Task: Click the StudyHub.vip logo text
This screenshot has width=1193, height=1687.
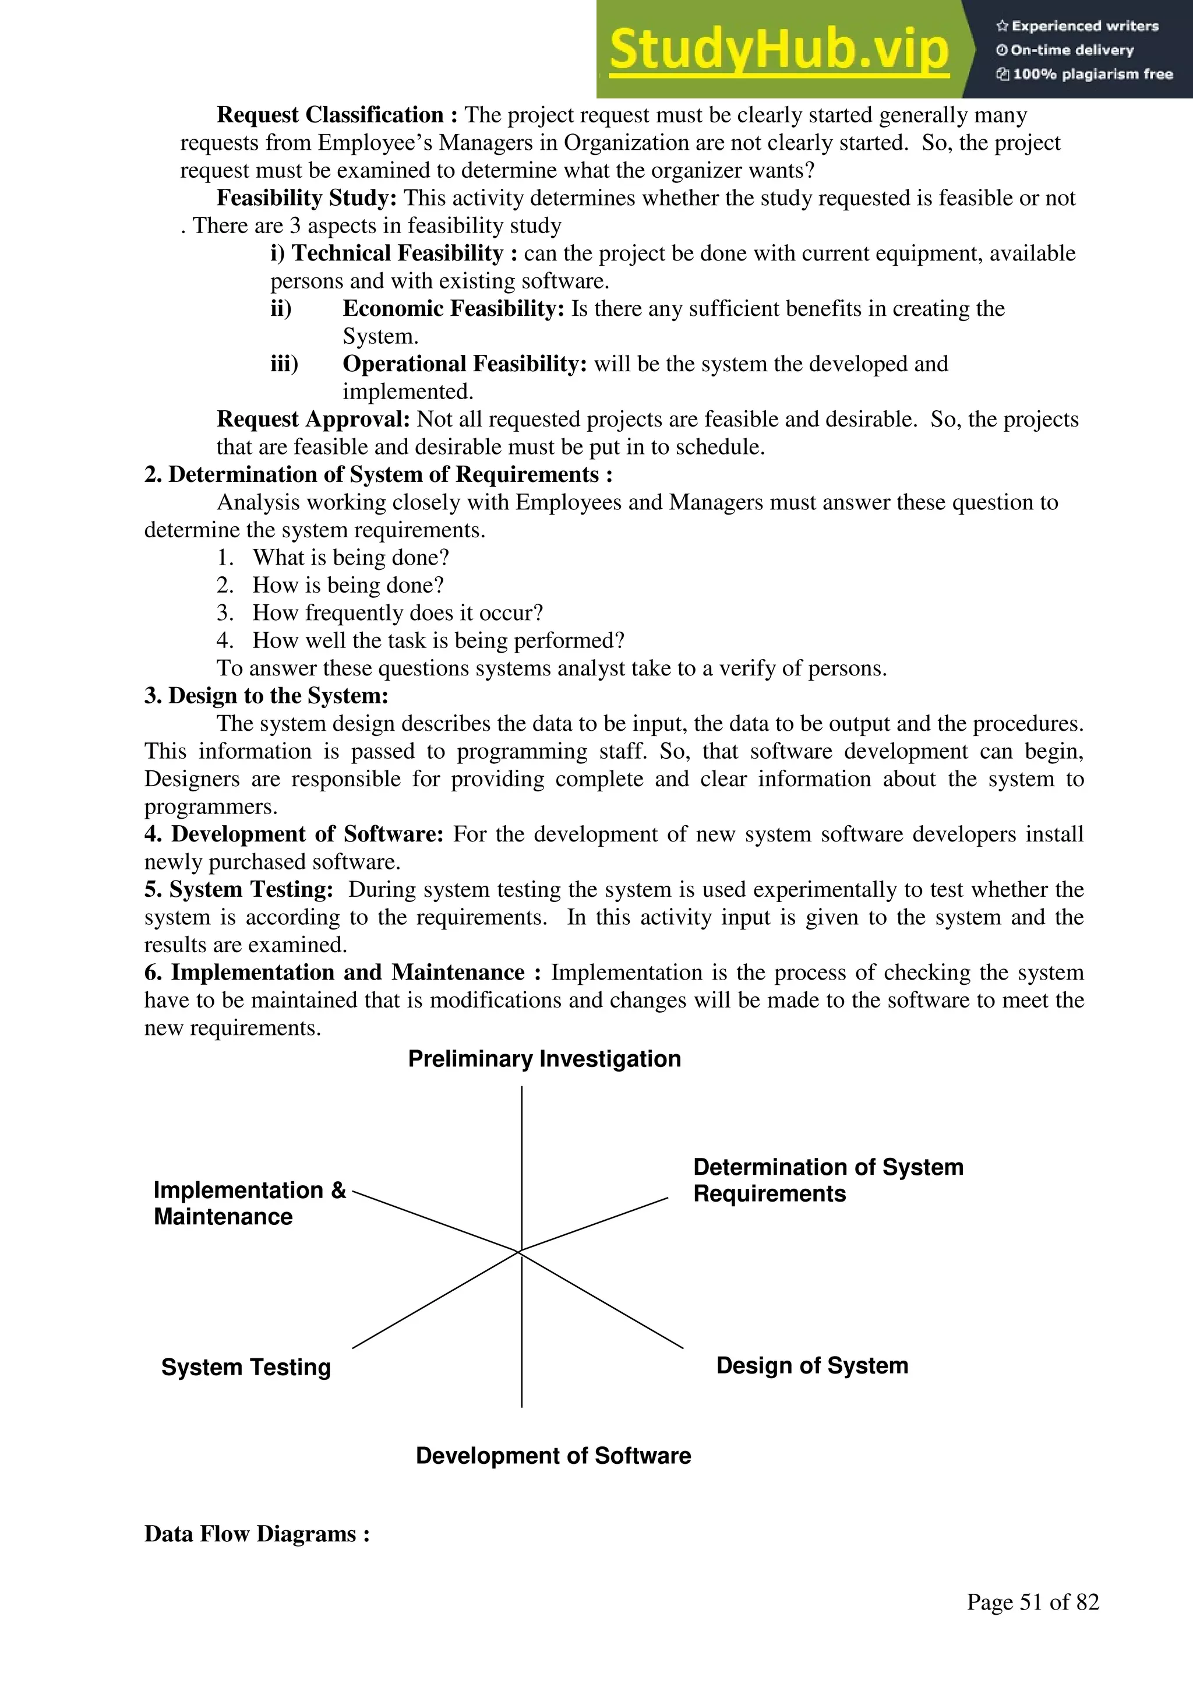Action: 779,50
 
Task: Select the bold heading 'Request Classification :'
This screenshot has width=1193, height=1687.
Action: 337,115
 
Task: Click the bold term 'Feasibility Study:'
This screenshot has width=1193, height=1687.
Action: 306,198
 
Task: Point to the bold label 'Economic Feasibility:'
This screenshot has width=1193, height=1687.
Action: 453,309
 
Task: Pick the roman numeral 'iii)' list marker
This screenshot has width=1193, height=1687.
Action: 284,364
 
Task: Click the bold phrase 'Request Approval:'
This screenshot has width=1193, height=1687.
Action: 313,420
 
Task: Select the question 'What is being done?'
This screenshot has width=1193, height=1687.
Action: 351,558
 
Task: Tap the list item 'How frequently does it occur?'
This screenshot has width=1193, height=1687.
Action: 397,613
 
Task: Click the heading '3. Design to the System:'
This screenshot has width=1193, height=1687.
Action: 266,696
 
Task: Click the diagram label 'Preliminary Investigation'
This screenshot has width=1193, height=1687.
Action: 544,1059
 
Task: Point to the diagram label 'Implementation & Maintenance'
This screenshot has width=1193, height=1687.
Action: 249,1203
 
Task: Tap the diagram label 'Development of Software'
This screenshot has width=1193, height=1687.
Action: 553,1456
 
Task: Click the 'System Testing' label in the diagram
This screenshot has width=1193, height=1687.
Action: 246,1368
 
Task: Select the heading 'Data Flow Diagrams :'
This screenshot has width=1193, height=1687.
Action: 256,1534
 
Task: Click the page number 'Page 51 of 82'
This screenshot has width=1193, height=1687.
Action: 1032,1603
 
